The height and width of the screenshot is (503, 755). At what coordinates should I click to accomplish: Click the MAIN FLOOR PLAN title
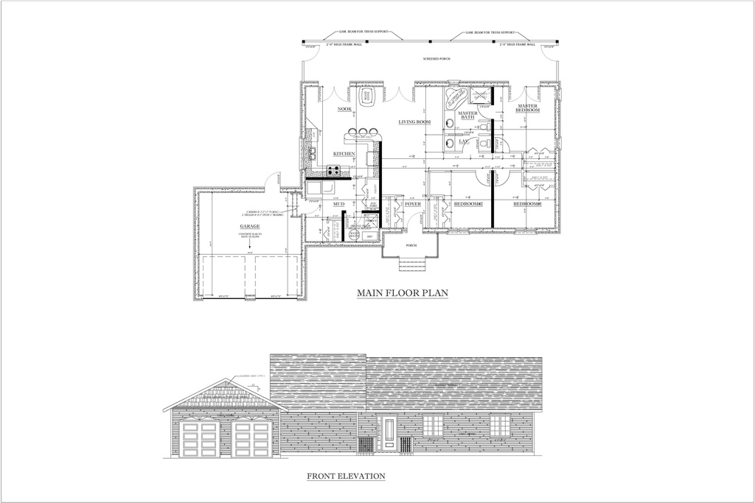point(403,293)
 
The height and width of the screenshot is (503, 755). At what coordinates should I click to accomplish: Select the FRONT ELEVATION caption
point(346,476)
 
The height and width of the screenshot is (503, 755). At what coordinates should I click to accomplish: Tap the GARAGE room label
point(249,227)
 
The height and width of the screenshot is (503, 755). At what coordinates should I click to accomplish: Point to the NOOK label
point(344,109)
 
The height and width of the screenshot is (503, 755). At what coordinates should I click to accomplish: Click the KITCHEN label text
point(344,153)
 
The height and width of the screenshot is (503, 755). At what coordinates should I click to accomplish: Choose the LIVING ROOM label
point(414,122)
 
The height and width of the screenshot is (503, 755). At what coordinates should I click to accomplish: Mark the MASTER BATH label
point(467,116)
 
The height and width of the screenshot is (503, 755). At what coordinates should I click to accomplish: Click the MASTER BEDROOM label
point(528,108)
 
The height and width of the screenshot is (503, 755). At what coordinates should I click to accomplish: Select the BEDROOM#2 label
point(468,203)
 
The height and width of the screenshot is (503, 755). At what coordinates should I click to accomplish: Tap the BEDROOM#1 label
point(528,203)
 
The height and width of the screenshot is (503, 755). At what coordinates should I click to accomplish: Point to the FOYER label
point(413,203)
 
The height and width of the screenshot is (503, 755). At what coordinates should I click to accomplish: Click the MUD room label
point(339,203)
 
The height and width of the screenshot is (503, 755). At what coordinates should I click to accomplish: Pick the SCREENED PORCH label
point(436,58)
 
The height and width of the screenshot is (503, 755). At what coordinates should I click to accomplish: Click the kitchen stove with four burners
point(333,171)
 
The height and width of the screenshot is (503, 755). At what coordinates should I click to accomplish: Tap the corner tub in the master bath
point(456,96)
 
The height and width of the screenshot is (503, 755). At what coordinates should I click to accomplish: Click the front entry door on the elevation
point(389,434)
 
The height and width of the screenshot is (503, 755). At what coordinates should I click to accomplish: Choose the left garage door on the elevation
point(199,440)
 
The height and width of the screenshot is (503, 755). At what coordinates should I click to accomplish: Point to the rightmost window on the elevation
point(500,425)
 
